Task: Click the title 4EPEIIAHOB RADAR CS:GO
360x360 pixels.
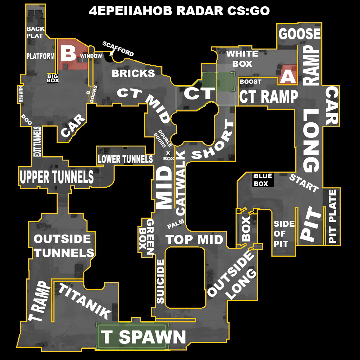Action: pos(179,11)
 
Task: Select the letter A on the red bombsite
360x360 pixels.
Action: pos(288,76)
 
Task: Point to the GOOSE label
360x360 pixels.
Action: pos(300,34)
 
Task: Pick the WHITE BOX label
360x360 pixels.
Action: pos(242,59)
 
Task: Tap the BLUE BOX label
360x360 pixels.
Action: pos(263,180)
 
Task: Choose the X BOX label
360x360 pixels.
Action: pos(169,156)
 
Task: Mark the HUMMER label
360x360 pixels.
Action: pos(20,94)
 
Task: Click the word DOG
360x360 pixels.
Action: pos(26,120)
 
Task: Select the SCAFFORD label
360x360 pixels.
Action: pos(118,49)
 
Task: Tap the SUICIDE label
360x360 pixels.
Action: pos(160,281)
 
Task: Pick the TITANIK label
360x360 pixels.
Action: pos(84,301)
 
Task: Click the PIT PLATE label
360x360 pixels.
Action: pos(332,216)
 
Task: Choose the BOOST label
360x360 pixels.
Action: pos(251,82)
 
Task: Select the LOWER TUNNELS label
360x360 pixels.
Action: pos(125,159)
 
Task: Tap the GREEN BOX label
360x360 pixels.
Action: pos(146,237)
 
